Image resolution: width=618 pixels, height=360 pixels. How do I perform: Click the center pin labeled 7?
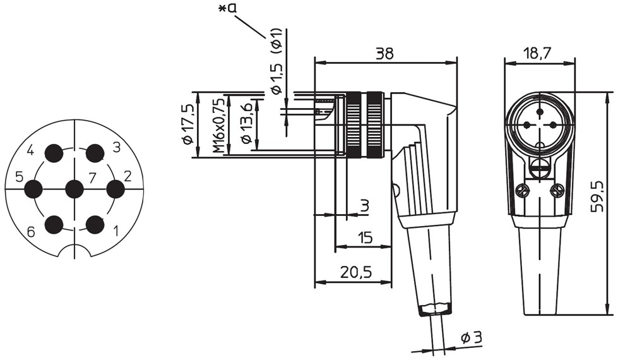(74, 189)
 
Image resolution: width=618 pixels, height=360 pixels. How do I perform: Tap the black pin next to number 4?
(54, 153)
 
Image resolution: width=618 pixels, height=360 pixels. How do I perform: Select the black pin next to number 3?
(95, 153)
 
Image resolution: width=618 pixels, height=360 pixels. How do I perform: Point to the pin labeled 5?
(33, 189)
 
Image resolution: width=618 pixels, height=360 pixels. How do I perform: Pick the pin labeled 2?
(116, 189)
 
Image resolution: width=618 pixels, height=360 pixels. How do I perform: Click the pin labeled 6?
(54, 225)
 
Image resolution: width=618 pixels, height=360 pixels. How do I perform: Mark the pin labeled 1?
(95, 225)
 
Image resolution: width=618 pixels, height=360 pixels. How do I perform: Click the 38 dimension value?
(384, 54)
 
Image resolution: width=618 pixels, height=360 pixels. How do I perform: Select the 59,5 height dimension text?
(598, 196)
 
